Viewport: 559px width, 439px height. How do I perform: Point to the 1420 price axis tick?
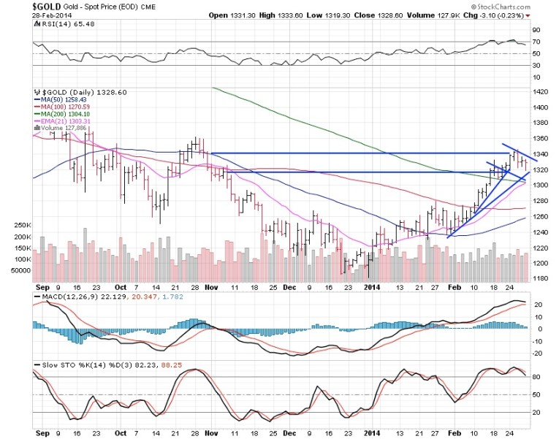pos(541,92)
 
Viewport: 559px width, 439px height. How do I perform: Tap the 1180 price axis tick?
pos(541,278)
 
